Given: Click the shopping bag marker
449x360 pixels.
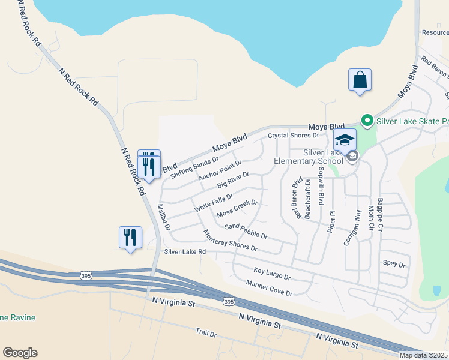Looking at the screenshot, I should click(x=360, y=80).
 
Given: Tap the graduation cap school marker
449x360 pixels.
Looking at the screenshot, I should click(x=345, y=140).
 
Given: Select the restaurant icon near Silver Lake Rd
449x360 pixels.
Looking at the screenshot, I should click(x=130, y=238).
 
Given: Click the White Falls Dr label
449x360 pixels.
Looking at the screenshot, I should click(x=214, y=201).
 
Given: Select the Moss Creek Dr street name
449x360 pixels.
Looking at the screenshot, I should click(x=237, y=209).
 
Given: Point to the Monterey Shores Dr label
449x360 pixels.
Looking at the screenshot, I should click(x=230, y=241).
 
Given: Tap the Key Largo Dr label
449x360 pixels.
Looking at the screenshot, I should click(x=272, y=275).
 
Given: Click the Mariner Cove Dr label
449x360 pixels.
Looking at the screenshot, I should click(x=268, y=288).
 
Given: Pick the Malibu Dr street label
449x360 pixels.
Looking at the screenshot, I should click(x=164, y=218).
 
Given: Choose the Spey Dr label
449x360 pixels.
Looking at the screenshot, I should click(x=394, y=263).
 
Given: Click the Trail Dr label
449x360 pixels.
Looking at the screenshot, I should click(x=205, y=332).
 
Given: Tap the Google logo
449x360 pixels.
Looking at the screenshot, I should click(x=20, y=353).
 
